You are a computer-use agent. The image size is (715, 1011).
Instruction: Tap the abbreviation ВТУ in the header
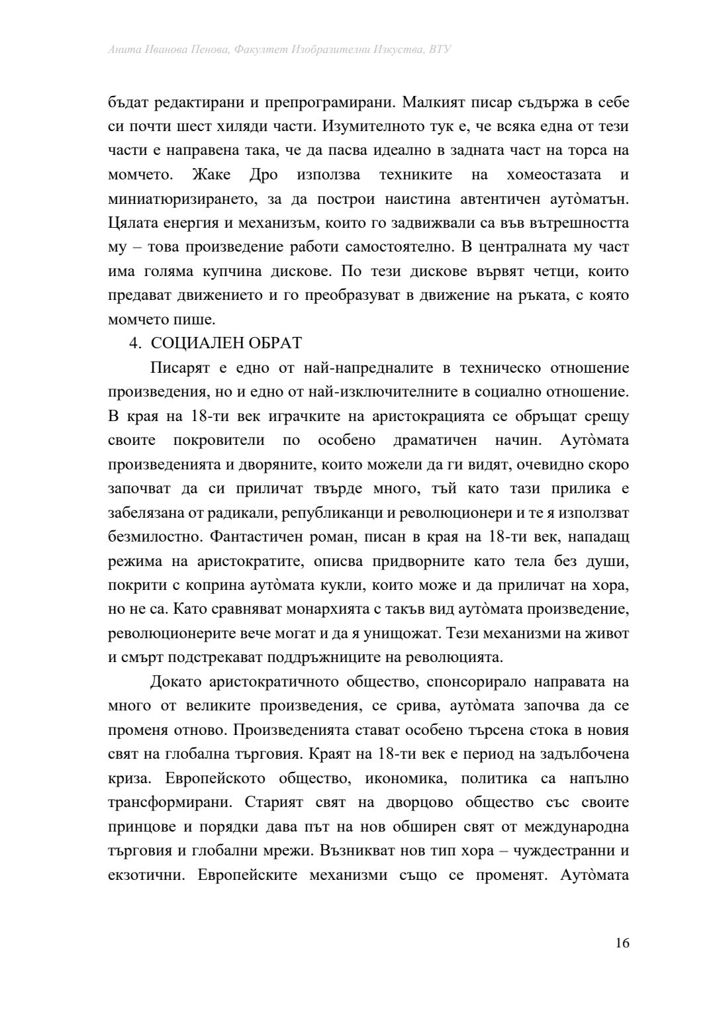(x=440, y=50)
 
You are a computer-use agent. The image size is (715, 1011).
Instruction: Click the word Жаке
(x=211, y=175)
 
